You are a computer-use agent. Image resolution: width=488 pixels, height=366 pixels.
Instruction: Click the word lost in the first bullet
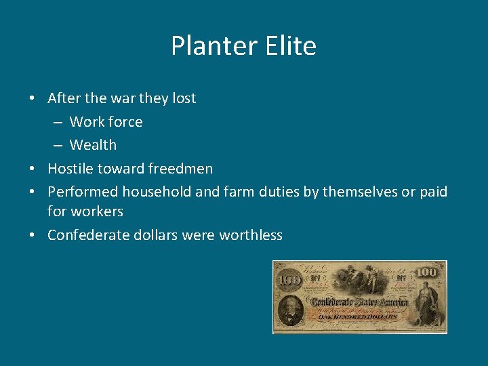[x=184, y=98]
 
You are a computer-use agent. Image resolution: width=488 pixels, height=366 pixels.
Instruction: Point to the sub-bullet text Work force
[x=106, y=122]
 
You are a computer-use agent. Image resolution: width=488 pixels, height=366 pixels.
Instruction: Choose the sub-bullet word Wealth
[x=93, y=145]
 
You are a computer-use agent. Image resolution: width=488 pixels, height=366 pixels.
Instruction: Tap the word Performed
[x=83, y=192]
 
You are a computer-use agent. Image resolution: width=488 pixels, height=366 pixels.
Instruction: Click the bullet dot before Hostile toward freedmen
[x=33, y=169]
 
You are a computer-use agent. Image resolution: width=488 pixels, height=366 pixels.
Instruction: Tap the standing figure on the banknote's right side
[x=426, y=305]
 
